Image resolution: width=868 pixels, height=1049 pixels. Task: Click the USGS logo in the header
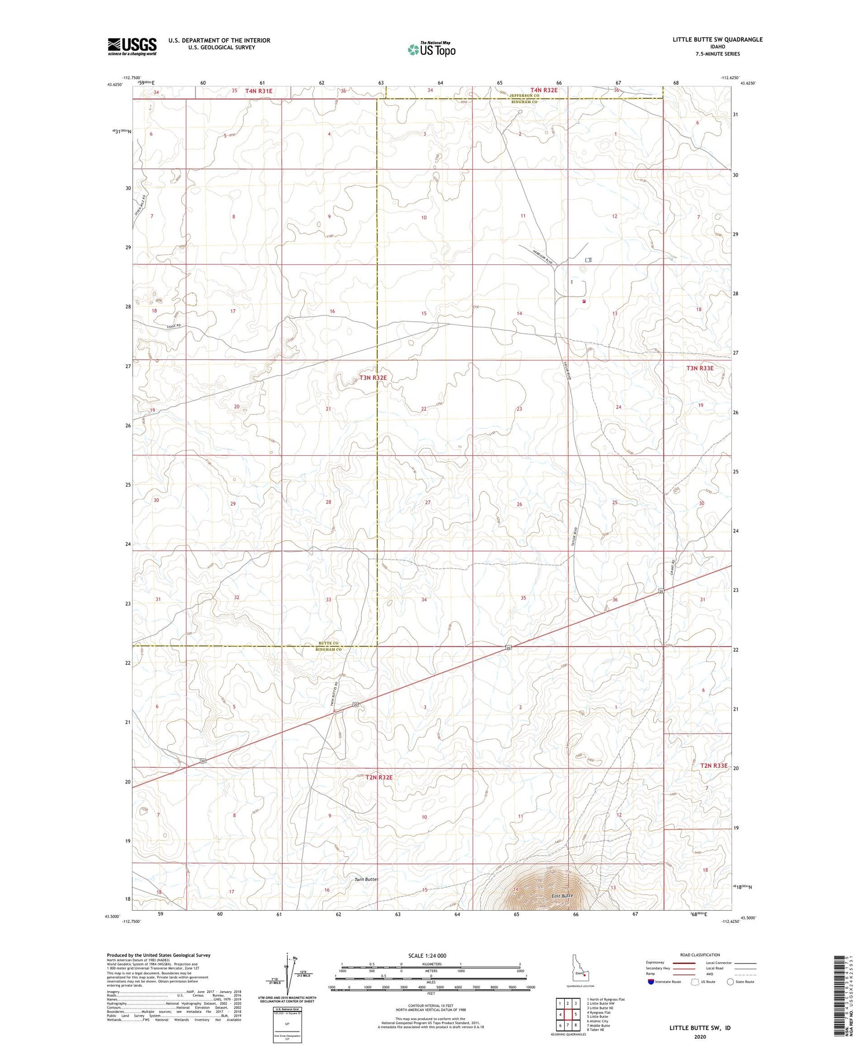point(132,46)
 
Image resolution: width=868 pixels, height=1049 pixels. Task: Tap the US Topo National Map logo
point(432,49)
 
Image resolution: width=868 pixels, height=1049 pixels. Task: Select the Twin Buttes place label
point(366,879)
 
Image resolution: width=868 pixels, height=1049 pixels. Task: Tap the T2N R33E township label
point(713,765)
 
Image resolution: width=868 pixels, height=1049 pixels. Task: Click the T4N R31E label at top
point(259,91)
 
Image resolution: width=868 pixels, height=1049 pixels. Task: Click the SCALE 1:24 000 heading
point(427,956)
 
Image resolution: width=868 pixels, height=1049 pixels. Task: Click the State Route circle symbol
point(730,982)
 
